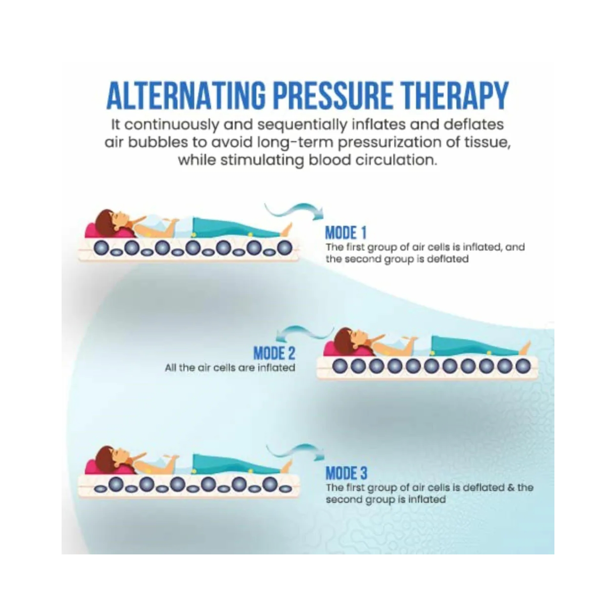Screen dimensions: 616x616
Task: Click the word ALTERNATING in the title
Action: [186, 96]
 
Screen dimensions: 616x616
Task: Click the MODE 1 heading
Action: [345, 233]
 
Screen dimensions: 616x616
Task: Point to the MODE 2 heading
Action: [274, 353]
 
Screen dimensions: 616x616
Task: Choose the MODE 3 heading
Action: [346, 473]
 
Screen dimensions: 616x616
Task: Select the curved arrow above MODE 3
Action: [295, 451]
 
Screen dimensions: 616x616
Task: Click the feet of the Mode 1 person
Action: [287, 228]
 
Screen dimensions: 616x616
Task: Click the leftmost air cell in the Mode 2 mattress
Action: [339, 366]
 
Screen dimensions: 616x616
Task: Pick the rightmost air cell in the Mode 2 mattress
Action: [522, 366]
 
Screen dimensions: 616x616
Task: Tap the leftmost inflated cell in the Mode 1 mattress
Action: [101, 248]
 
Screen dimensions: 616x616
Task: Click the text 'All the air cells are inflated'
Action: [230, 368]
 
